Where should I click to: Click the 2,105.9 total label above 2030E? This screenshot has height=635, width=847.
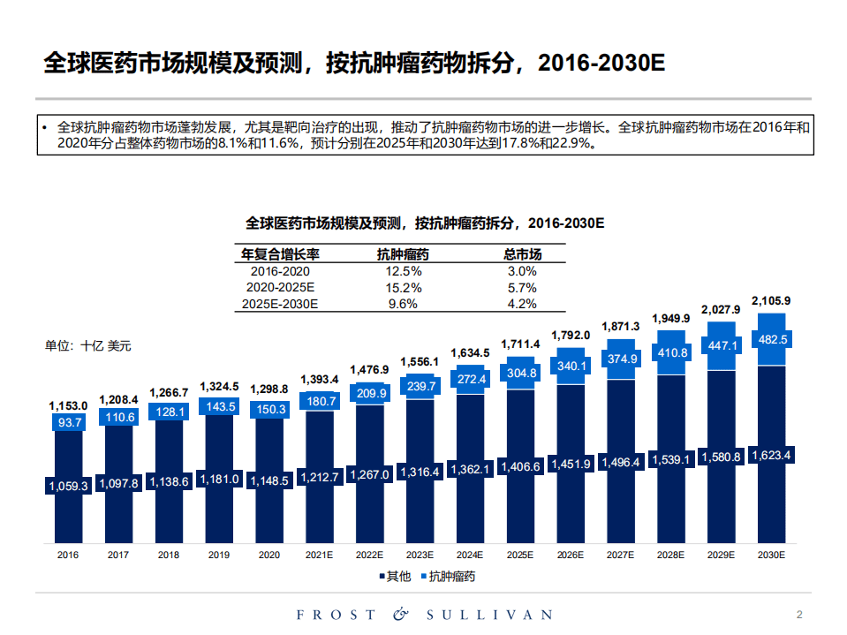click(x=771, y=301)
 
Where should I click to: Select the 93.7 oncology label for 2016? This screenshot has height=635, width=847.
click(x=68, y=423)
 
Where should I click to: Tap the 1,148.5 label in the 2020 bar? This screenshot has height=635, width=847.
click(x=268, y=480)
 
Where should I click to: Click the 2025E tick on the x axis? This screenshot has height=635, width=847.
click(x=520, y=555)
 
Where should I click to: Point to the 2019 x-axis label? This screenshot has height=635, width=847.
click(x=218, y=555)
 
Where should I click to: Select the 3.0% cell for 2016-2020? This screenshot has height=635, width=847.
click(x=522, y=272)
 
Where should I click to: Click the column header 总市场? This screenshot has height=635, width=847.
click(x=522, y=254)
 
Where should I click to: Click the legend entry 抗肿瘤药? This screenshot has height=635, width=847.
click(x=451, y=577)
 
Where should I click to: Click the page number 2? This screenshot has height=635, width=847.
click(x=799, y=615)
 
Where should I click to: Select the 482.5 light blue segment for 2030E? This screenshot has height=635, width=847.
click(x=771, y=339)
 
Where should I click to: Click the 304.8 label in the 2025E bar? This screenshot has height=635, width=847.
click(x=520, y=373)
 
